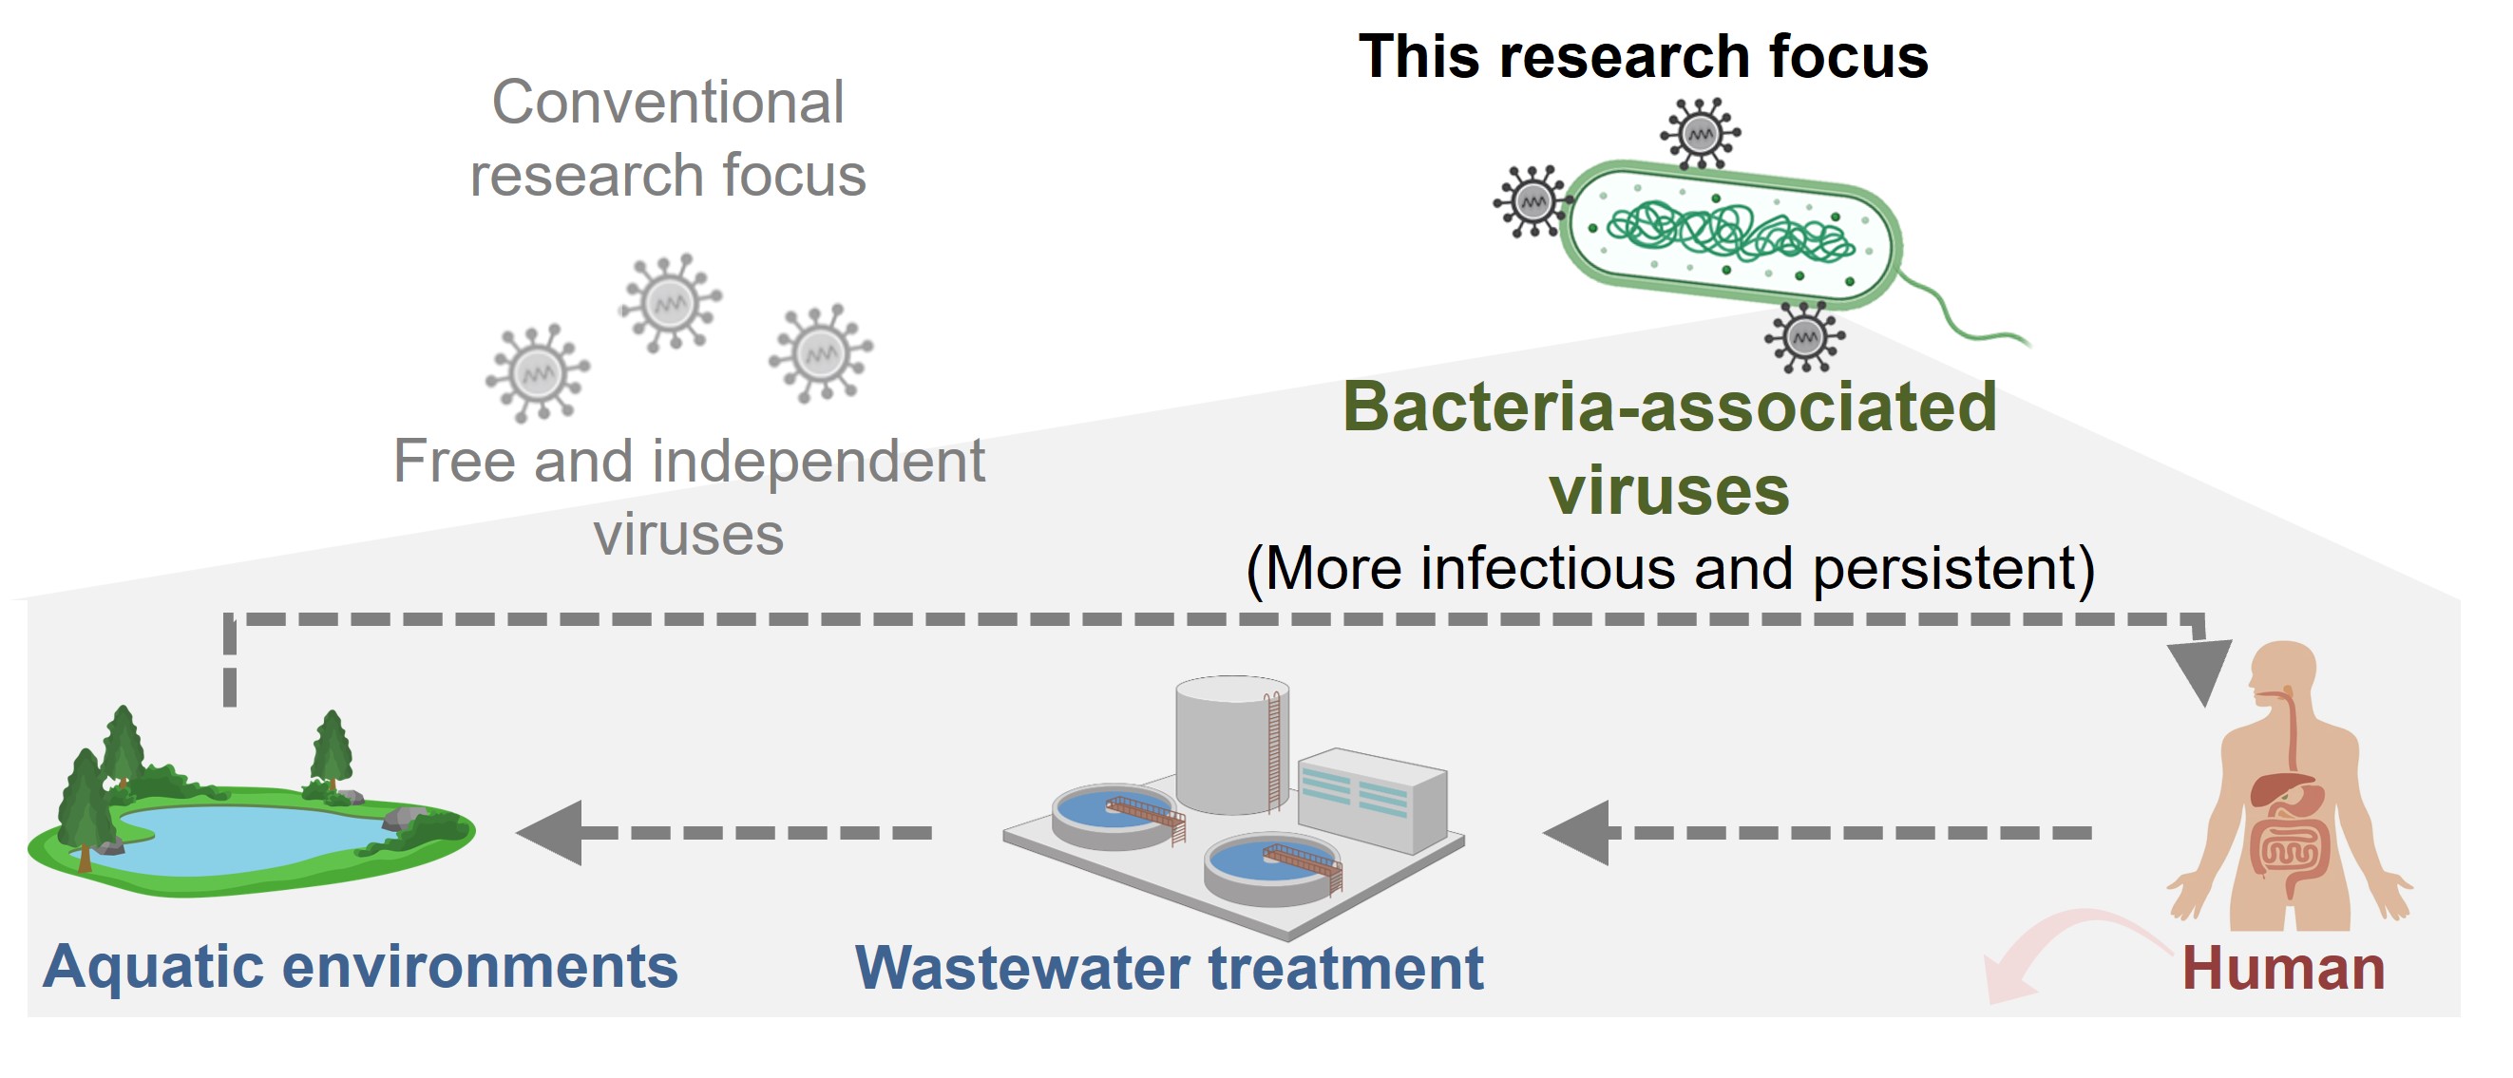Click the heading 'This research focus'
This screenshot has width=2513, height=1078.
pos(1643,57)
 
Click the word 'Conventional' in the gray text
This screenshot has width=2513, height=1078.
pos(667,103)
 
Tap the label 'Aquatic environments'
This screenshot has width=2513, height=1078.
pos(360,967)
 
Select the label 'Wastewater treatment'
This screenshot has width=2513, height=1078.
pos(1169,969)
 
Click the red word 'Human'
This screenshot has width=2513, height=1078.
pos(2283,969)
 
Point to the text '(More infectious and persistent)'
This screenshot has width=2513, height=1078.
pos(1670,569)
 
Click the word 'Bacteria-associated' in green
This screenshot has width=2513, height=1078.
pos(1669,407)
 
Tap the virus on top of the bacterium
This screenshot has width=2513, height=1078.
pos(1701,134)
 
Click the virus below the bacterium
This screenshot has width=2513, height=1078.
pos(1804,337)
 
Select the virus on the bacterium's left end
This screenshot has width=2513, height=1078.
pos(1533,202)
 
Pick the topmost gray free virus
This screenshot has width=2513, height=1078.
pos(670,302)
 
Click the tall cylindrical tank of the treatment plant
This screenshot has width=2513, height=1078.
pos(1232,747)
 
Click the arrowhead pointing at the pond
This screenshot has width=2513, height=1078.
pos(552,832)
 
